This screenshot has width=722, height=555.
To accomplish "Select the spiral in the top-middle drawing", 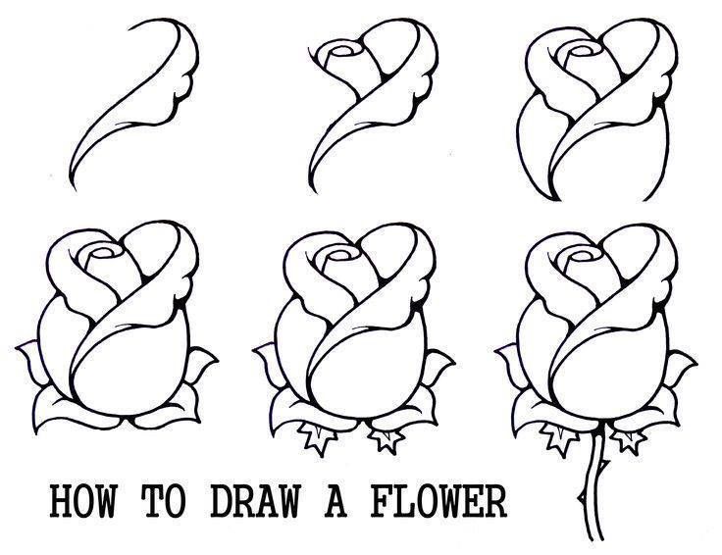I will click(x=344, y=49).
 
